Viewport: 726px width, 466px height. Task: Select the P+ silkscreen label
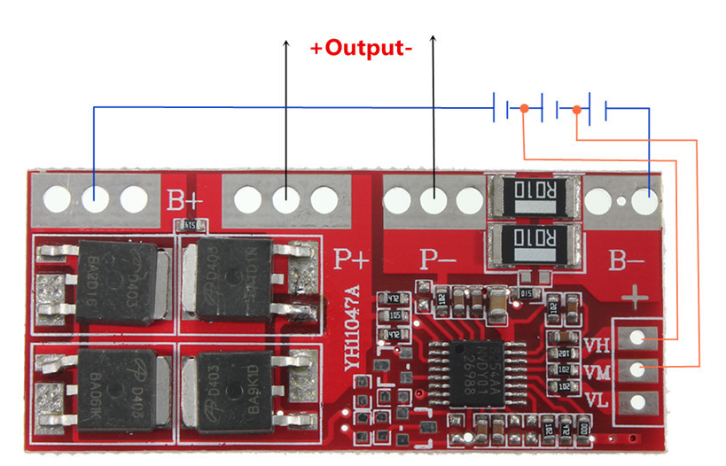click(351, 259)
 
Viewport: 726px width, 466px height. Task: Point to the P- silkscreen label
click(438, 259)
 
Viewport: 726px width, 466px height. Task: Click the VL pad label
click(597, 401)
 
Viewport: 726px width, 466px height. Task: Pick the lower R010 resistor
click(535, 239)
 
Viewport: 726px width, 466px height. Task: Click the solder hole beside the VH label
click(636, 338)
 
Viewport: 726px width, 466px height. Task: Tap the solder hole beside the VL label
click(636, 402)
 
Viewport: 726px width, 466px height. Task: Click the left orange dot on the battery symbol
click(525, 108)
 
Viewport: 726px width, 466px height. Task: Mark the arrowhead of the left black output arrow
click(286, 43)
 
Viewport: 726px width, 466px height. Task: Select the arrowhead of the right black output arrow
click(433, 39)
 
